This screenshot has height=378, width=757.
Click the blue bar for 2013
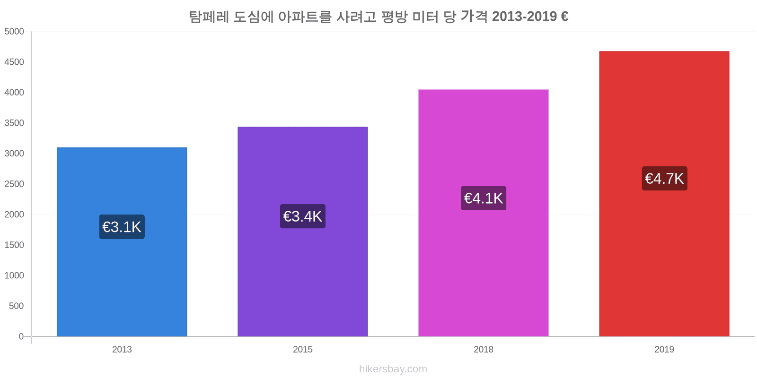(x=122, y=283)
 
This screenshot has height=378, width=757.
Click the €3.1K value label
(x=122, y=227)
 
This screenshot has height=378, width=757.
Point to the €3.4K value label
(x=302, y=216)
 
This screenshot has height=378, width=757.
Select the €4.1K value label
(x=483, y=198)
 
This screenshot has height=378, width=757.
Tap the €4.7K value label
(x=664, y=179)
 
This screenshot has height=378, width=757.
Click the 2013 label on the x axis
(x=122, y=350)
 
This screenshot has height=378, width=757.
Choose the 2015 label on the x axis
(x=302, y=350)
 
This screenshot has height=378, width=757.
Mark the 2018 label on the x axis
(x=483, y=350)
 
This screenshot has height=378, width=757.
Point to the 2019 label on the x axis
(x=664, y=350)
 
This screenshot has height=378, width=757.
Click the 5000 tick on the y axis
(x=14, y=32)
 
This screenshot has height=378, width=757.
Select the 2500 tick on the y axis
(x=14, y=184)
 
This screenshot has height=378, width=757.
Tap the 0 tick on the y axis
(x=21, y=336)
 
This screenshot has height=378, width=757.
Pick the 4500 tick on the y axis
(x=14, y=62)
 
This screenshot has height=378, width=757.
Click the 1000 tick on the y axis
(x=14, y=275)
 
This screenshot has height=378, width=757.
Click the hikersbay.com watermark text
(x=393, y=369)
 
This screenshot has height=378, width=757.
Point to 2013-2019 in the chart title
(x=524, y=17)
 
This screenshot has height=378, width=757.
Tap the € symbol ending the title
(x=564, y=17)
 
